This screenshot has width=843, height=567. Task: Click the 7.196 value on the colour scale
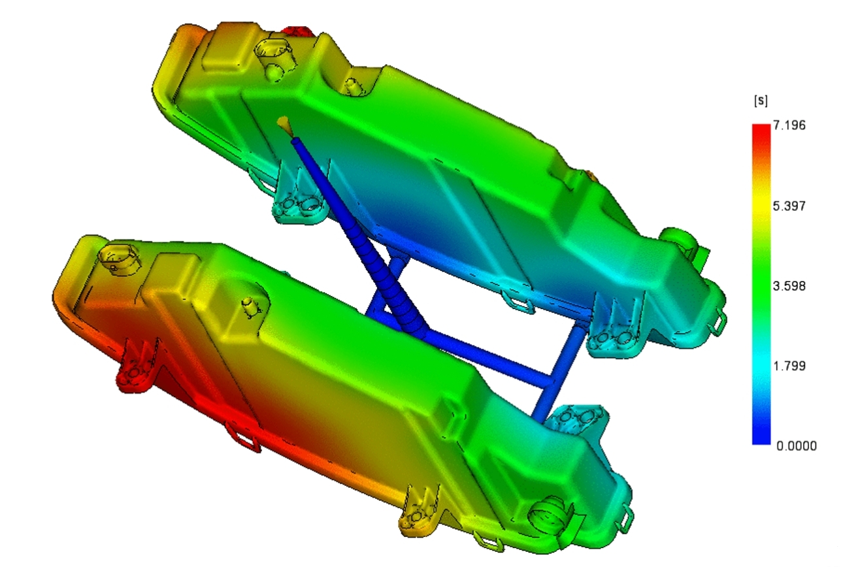[x=789, y=125]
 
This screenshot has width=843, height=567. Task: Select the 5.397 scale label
[x=789, y=206]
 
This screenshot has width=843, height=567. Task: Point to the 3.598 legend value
[x=789, y=286]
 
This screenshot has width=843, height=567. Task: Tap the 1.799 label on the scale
[x=789, y=366]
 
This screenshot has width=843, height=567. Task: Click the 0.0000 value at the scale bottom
[x=796, y=446]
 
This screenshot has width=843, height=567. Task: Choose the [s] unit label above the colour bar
[x=761, y=101]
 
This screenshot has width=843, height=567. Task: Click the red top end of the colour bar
[x=761, y=129]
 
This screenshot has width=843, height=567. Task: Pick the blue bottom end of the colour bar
[x=761, y=439]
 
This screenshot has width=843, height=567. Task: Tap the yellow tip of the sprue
[x=284, y=122]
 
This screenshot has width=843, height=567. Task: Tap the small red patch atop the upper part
[x=299, y=31]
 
